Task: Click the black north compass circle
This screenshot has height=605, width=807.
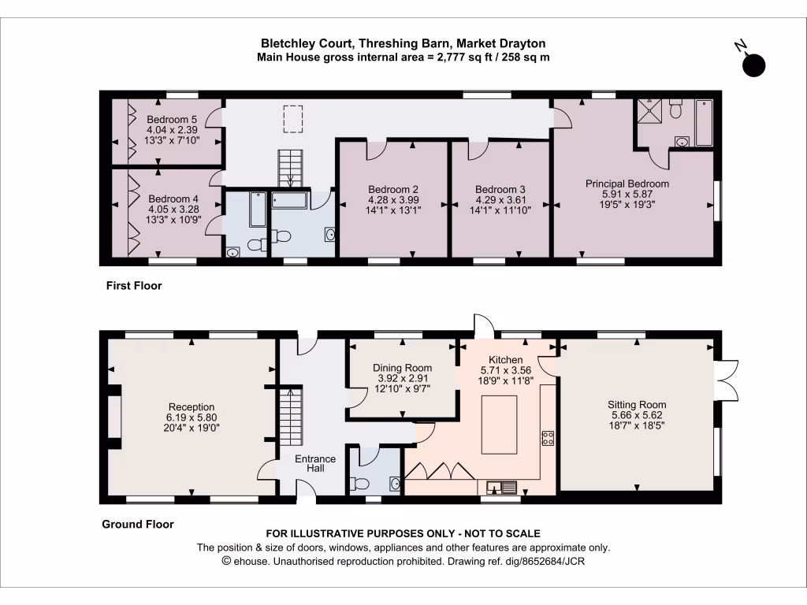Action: pyautogui.click(x=754, y=66)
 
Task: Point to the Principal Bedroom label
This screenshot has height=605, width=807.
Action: pyautogui.click(x=627, y=184)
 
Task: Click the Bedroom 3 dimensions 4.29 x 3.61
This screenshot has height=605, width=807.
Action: pyautogui.click(x=500, y=200)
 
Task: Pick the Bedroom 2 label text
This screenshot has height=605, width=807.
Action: pyautogui.click(x=393, y=189)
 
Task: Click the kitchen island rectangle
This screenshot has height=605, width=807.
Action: pyautogui.click(x=500, y=425)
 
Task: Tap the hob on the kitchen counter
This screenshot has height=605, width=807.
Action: pyautogui.click(x=547, y=439)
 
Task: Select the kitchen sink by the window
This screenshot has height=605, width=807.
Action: pyautogui.click(x=500, y=486)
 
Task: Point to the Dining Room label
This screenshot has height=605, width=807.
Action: pyautogui.click(x=403, y=368)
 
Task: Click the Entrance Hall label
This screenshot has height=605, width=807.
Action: pyautogui.click(x=315, y=464)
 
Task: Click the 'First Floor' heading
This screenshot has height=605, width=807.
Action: pyautogui.click(x=134, y=286)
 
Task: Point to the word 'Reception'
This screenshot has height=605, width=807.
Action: pyautogui.click(x=192, y=406)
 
